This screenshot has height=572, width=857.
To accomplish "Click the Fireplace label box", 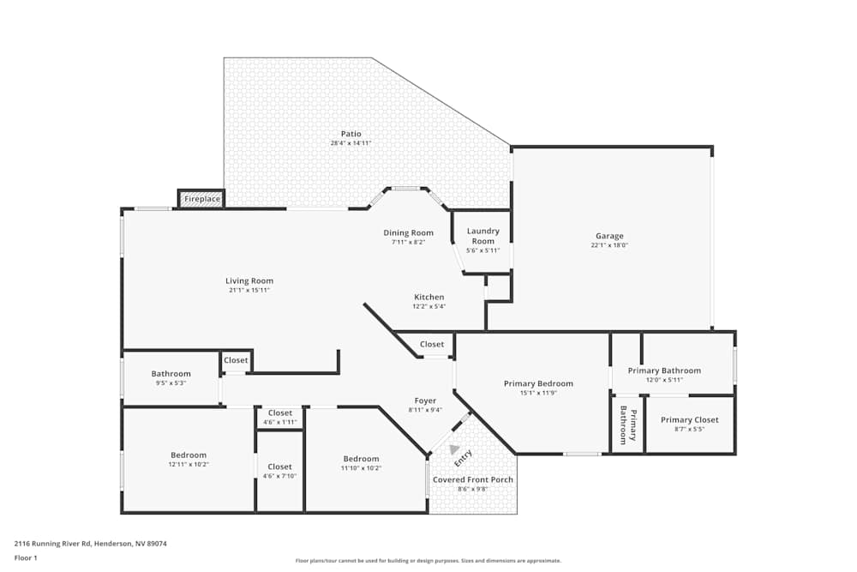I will click(202, 200).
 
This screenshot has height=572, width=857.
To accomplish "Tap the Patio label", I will click(351, 134).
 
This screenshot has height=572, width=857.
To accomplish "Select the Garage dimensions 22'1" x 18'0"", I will click(610, 245).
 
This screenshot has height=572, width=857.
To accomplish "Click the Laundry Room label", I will click(482, 236).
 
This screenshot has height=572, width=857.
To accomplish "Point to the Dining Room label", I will click(408, 232).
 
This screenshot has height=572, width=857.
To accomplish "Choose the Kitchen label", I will click(428, 298).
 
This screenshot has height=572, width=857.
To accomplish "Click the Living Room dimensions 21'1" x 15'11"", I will click(249, 290).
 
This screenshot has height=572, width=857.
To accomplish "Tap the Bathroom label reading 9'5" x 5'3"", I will click(171, 374).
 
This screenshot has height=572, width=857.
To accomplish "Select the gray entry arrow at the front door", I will click(454, 449).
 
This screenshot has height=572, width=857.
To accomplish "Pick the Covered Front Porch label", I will click(472, 479).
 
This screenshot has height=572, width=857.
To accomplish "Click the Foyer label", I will click(425, 400).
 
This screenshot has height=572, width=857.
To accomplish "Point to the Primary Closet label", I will click(689, 419).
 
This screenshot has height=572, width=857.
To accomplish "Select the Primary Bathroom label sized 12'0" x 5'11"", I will click(663, 370).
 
